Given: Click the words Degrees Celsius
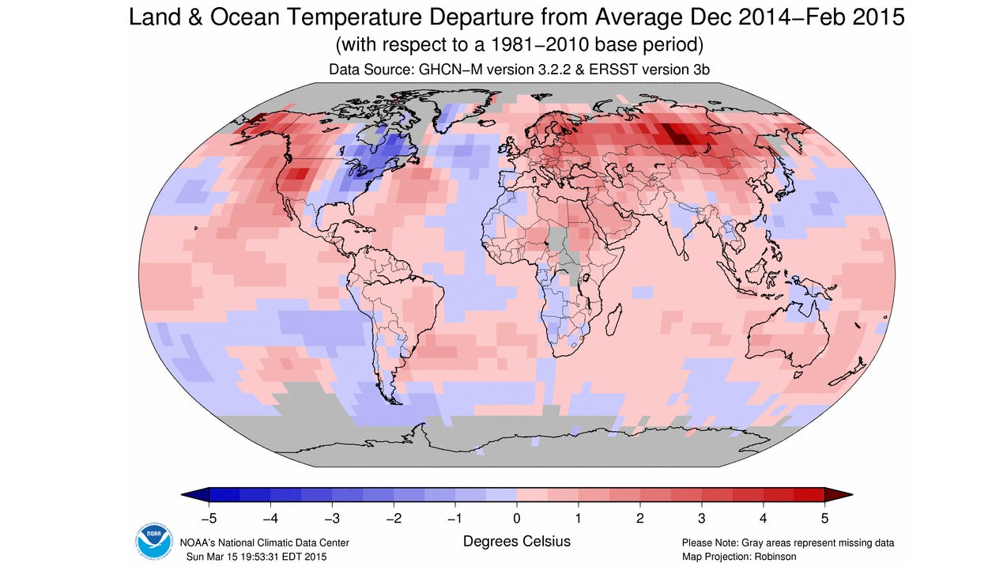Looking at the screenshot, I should [x=516, y=542].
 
